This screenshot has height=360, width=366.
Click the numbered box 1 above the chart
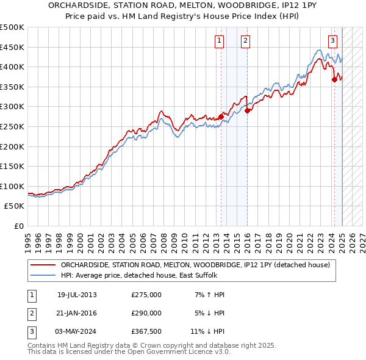pos(219,41)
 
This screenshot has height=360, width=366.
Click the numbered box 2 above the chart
pos(245,41)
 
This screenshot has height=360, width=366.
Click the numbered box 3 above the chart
pos(332,41)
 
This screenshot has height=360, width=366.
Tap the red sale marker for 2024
pos(334,79)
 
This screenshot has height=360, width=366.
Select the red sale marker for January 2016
pos(248,110)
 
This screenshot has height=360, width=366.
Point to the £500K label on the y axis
pos(12,27)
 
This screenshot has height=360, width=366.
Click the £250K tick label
pos(12,126)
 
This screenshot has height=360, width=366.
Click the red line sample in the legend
pos(42,265)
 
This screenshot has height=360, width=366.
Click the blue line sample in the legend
pos(42,275)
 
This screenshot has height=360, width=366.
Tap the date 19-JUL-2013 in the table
pos(77,295)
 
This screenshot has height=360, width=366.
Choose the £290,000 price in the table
pos(146,313)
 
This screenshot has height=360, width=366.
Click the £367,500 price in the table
pos(146,331)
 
